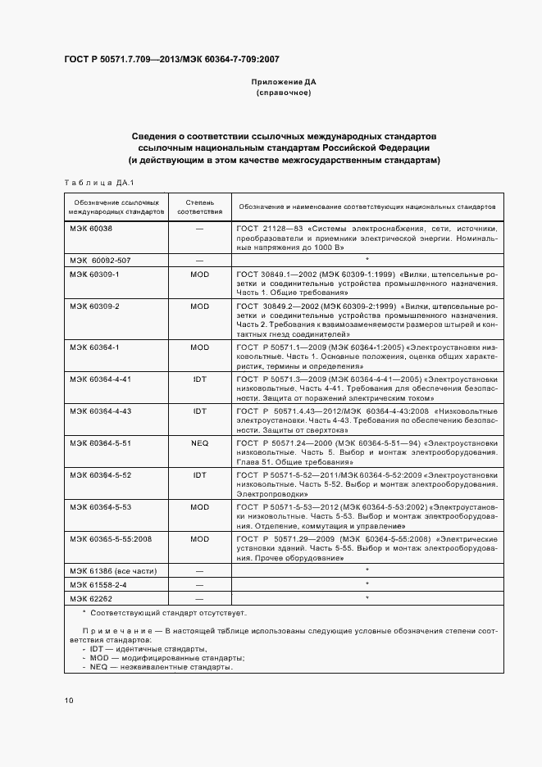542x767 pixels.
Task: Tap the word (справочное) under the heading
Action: click(283, 93)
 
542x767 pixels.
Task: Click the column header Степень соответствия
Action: click(199, 206)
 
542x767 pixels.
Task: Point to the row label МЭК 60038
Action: click(92, 228)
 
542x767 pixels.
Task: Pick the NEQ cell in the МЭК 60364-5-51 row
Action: click(199, 442)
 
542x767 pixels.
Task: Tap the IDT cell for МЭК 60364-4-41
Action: click(199, 379)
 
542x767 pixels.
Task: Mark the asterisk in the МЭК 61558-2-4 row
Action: click(367, 583)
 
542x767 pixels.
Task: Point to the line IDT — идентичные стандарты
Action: click(143, 648)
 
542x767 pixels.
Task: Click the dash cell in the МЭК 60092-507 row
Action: click(199, 259)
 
